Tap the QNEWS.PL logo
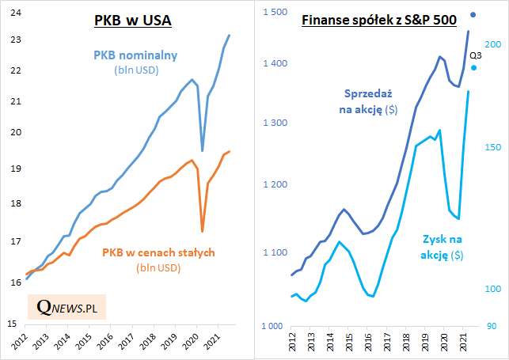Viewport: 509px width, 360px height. (x=67, y=306)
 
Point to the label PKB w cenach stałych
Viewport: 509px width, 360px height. (x=158, y=253)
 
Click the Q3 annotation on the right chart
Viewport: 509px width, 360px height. (x=476, y=55)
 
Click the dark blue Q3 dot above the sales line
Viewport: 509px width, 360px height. (x=473, y=14)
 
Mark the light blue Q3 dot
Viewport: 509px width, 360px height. (x=473, y=68)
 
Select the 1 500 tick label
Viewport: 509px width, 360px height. (x=272, y=11)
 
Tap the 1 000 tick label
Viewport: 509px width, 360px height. (x=272, y=326)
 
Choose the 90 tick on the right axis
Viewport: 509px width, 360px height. (x=491, y=326)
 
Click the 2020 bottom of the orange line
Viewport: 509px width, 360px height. (x=203, y=232)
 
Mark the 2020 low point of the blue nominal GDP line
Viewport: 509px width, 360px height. (x=203, y=150)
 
